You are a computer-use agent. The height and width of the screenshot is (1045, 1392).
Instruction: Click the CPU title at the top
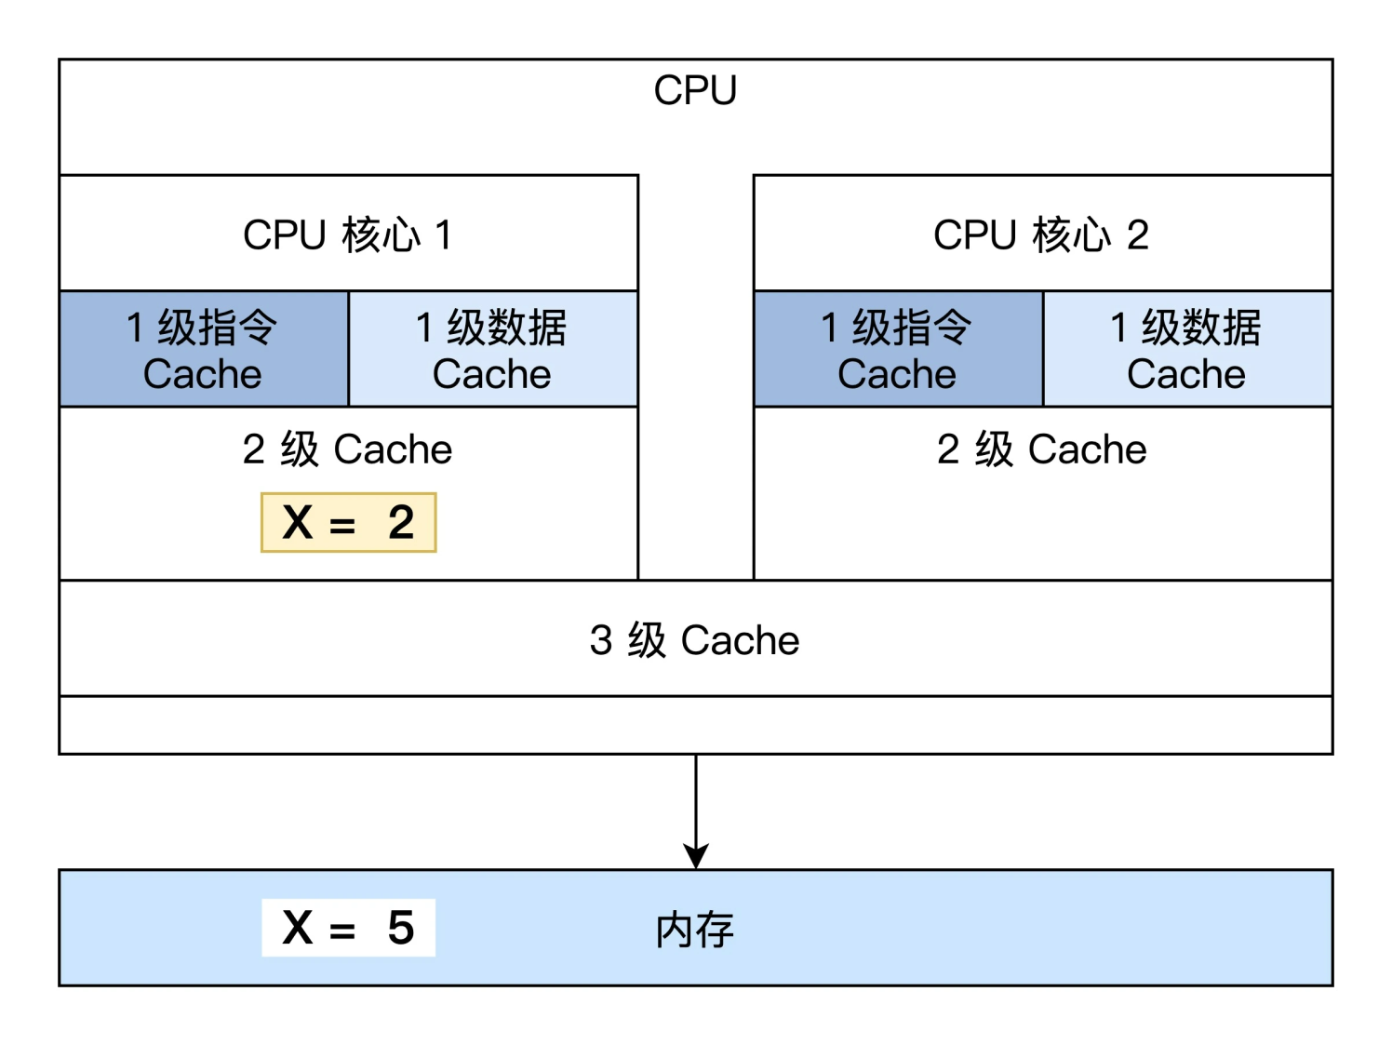tap(695, 91)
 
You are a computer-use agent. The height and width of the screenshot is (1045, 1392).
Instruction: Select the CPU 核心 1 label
tap(347, 235)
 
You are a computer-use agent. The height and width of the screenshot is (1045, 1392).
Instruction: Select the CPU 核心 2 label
tap(1041, 235)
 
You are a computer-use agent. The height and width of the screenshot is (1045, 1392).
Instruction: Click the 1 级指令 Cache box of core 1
tap(203, 350)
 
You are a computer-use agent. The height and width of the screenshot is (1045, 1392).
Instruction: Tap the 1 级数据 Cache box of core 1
tap(492, 350)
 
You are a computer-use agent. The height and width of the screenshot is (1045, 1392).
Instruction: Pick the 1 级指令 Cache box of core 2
tap(897, 350)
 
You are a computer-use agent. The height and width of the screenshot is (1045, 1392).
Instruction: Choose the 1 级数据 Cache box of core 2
tap(1186, 350)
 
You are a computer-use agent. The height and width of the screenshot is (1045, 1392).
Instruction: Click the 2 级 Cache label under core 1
tap(347, 449)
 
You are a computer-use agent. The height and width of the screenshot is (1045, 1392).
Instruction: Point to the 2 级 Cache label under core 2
tap(1041, 449)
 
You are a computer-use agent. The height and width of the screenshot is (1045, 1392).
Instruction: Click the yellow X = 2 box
tap(348, 522)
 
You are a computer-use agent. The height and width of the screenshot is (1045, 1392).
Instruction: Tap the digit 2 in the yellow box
tap(401, 522)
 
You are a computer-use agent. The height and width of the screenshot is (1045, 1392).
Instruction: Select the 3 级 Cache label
tap(694, 640)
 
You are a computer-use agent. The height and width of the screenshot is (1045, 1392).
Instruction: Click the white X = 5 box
tap(348, 928)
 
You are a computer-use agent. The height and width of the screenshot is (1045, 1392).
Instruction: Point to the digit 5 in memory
tap(401, 928)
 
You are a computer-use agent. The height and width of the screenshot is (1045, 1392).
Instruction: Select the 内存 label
tap(694, 930)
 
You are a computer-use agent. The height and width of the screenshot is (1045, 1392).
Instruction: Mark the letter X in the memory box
tap(298, 928)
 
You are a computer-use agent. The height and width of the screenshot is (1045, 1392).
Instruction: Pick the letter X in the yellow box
tap(298, 522)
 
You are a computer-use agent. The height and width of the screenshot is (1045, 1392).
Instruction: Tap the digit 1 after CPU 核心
tap(444, 235)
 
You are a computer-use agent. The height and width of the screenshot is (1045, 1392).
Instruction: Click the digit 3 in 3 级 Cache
tap(601, 640)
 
